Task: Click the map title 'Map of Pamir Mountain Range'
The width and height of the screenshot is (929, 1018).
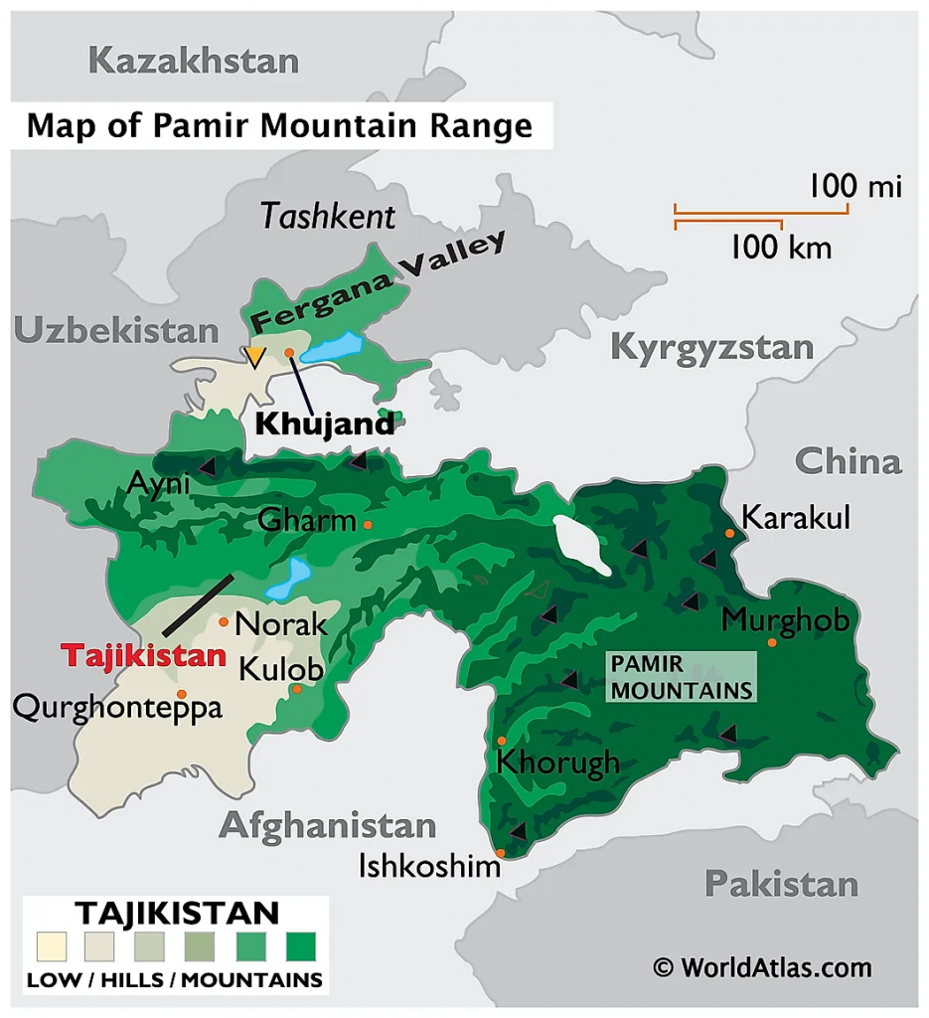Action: coord(279,126)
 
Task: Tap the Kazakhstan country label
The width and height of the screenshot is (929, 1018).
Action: coord(193,61)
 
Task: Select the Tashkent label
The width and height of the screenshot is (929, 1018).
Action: coord(328,216)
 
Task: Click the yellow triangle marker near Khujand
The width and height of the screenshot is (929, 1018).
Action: coord(255,357)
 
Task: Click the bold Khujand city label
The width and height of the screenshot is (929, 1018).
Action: coord(324,424)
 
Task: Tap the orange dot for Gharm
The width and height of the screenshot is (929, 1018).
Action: coord(368,524)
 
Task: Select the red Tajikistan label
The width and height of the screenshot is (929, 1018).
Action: coord(143,656)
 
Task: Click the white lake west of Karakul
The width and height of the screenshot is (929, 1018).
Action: coord(581,545)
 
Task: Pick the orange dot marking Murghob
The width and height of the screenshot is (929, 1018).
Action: coord(772,642)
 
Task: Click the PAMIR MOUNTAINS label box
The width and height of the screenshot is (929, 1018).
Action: coord(681,677)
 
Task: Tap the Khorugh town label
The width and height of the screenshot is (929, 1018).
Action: coord(557,763)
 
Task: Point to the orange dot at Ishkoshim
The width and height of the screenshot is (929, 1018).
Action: coord(501,853)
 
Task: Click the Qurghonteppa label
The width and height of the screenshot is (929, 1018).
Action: coord(116,709)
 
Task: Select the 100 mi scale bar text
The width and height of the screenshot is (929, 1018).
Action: coord(853,186)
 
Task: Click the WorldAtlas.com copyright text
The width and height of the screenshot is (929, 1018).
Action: coord(762,967)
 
